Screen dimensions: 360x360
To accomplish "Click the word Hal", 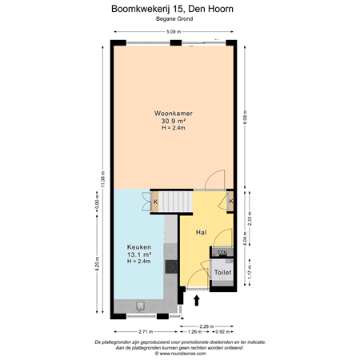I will (202, 232).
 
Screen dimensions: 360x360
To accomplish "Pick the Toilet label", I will (222, 273).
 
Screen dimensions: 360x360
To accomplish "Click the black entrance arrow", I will (197, 300).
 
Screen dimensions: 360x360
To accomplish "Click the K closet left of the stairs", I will (155, 202).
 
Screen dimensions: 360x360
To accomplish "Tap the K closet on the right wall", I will (230, 202).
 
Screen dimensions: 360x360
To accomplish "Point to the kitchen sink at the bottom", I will (140, 306).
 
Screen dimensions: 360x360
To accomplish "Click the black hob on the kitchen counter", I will (170, 266).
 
